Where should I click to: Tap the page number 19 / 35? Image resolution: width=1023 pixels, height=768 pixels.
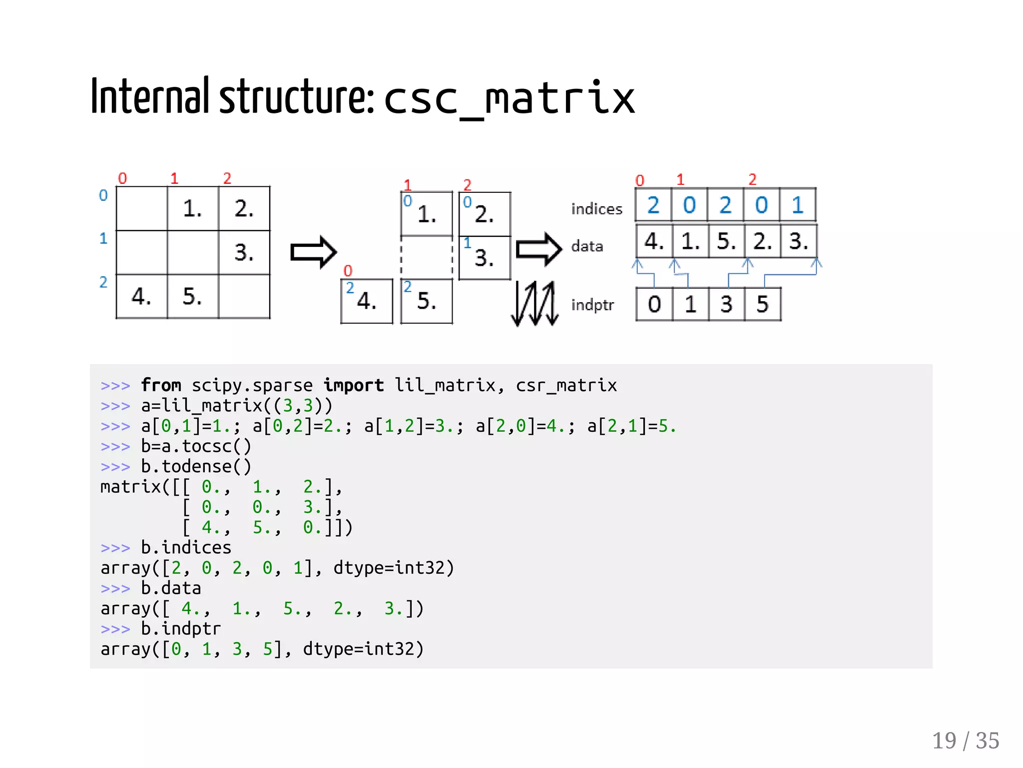965,741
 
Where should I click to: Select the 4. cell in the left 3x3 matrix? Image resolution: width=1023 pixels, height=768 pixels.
141,296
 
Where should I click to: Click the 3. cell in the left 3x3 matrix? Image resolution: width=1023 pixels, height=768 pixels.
244,252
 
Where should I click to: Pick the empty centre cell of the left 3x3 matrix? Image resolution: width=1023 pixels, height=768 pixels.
193,252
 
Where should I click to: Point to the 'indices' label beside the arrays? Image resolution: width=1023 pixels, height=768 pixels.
596,209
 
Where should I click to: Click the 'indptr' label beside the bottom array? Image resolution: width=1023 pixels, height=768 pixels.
592,304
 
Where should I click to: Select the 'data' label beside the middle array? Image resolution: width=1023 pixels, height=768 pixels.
587,246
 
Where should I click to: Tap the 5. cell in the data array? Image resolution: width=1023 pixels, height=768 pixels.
726,241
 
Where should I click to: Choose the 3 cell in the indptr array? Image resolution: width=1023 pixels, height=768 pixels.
726,304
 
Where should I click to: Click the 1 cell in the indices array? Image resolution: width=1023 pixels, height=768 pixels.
798,205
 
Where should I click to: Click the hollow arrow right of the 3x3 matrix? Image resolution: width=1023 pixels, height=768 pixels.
313,252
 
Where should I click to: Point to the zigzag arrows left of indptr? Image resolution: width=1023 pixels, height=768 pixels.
534,303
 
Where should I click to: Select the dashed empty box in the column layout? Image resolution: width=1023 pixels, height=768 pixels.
427,257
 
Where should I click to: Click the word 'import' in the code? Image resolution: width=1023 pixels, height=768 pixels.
353,385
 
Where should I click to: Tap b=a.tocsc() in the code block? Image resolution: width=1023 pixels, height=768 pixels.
196,446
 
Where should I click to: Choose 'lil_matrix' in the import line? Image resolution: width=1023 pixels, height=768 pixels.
445,385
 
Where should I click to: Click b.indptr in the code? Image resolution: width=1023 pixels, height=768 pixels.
180,629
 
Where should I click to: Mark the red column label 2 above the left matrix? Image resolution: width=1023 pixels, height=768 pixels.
227,178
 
